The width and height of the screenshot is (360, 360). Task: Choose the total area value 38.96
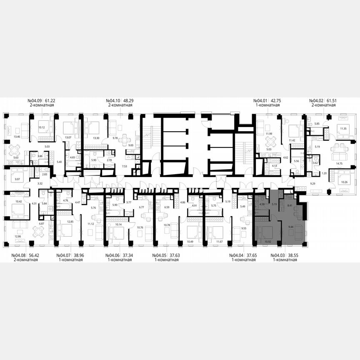pyautogui.click(x=78, y=255)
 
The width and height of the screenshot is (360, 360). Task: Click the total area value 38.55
pyautogui.click(x=293, y=255)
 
